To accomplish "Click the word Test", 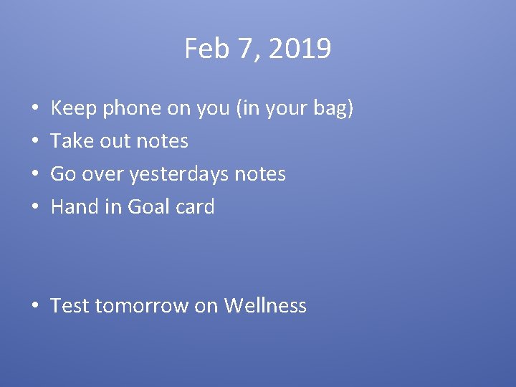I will [x=70, y=306].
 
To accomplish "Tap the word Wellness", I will [x=265, y=306].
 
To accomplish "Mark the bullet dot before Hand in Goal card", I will [x=35, y=208].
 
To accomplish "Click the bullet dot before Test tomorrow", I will [x=35, y=307].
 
